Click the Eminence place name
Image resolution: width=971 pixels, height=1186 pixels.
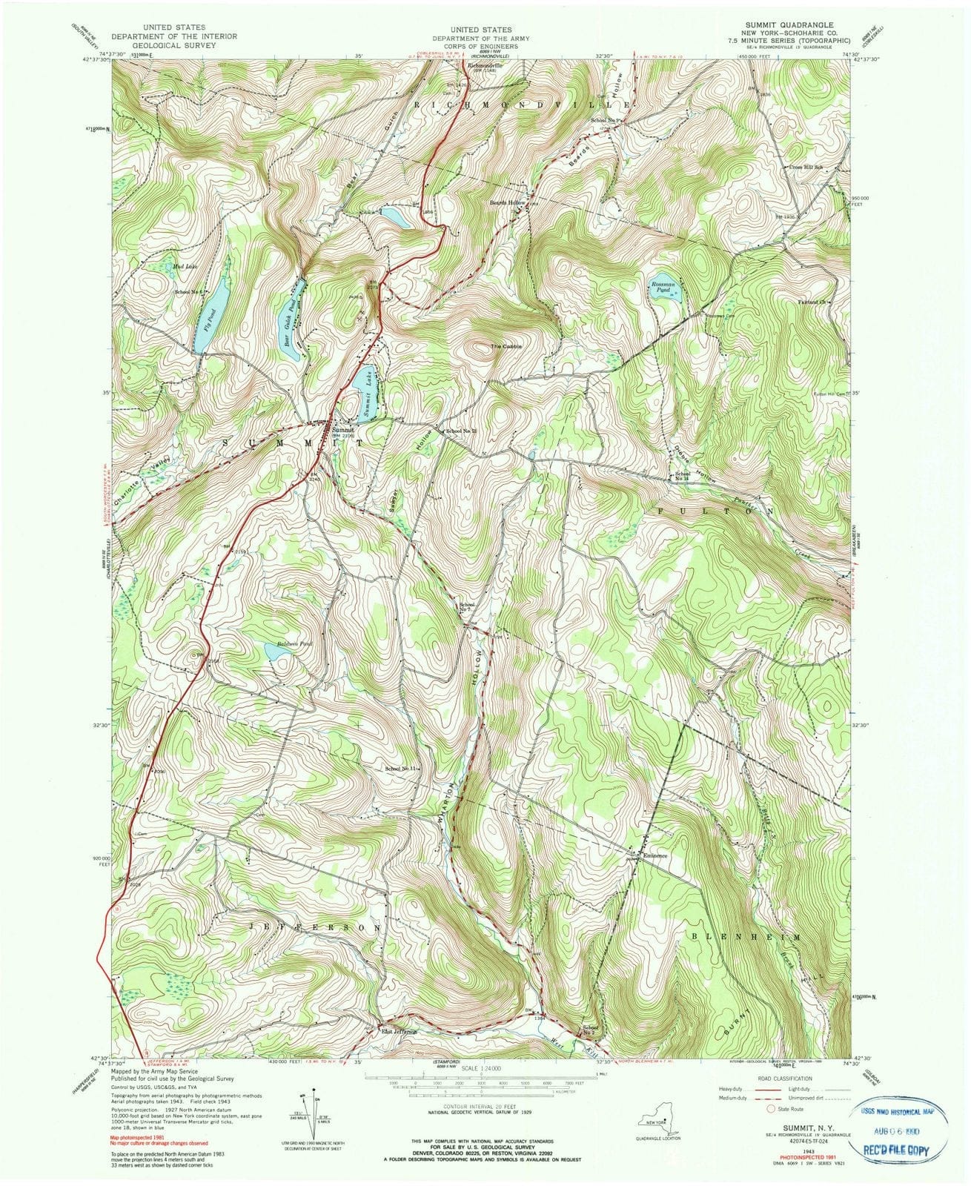pos(655,856)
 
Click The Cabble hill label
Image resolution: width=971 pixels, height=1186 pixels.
pos(506,347)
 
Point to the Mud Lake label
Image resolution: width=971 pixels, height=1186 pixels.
pos(185,265)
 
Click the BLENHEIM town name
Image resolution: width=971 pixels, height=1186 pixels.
pos(746,937)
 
